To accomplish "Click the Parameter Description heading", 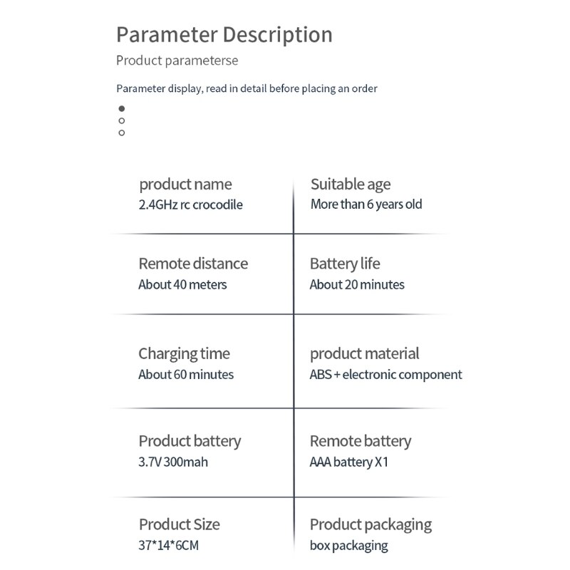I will click(x=224, y=34).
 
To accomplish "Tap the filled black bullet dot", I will click(x=122, y=108).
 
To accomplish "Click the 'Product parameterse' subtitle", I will click(x=177, y=61).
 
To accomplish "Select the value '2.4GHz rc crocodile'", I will click(x=190, y=204).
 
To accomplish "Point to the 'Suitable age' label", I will click(x=350, y=185).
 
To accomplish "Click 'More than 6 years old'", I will click(x=366, y=204).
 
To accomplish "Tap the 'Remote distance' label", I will click(x=193, y=264).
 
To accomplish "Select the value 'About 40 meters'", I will click(x=182, y=284).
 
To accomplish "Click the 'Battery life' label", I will click(x=345, y=264).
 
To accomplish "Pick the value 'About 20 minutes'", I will click(x=357, y=284).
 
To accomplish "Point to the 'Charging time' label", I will click(x=184, y=353).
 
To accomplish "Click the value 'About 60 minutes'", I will click(x=186, y=374).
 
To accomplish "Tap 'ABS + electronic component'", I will click(x=385, y=374).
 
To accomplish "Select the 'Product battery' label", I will click(x=190, y=441).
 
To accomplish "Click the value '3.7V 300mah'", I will click(x=173, y=462).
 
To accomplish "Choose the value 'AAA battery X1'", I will click(x=349, y=462).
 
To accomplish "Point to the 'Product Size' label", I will click(x=179, y=524).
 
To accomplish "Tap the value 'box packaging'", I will click(x=348, y=546).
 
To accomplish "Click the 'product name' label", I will click(x=185, y=185).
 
